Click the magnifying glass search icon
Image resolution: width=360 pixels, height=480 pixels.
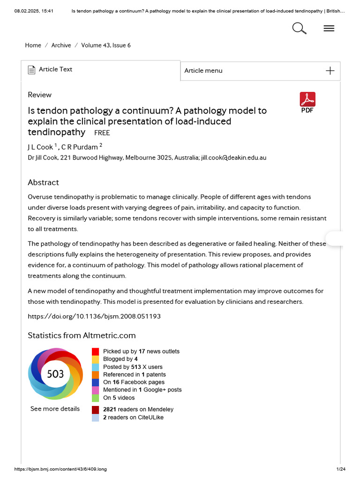click(299, 29)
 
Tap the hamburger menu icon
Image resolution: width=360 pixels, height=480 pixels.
click(329, 29)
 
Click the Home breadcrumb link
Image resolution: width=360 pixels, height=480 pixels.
click(33, 45)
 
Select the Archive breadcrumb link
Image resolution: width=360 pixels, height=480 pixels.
click(61, 45)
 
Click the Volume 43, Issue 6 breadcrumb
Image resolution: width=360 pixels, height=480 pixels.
click(106, 45)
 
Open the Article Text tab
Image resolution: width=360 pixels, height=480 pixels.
click(55, 69)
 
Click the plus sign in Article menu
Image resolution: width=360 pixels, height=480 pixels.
click(330, 71)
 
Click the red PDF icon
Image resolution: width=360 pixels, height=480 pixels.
click(307, 99)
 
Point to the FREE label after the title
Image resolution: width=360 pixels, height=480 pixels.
click(102, 133)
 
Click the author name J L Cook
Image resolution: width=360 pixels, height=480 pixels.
click(40, 147)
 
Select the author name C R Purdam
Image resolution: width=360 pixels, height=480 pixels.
click(79, 147)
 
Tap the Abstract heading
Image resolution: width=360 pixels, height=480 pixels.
click(43, 182)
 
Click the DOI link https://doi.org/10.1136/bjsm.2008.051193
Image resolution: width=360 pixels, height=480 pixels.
click(94, 316)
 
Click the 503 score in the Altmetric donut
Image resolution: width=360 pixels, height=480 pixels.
click(55, 374)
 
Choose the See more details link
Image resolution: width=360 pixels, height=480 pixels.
click(55, 409)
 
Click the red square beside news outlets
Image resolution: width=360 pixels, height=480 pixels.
click(95, 352)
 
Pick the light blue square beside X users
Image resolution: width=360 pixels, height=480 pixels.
click(95, 367)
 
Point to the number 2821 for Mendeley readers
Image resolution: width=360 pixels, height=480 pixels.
click(110, 410)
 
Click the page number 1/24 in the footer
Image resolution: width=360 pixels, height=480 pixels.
click(341, 469)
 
